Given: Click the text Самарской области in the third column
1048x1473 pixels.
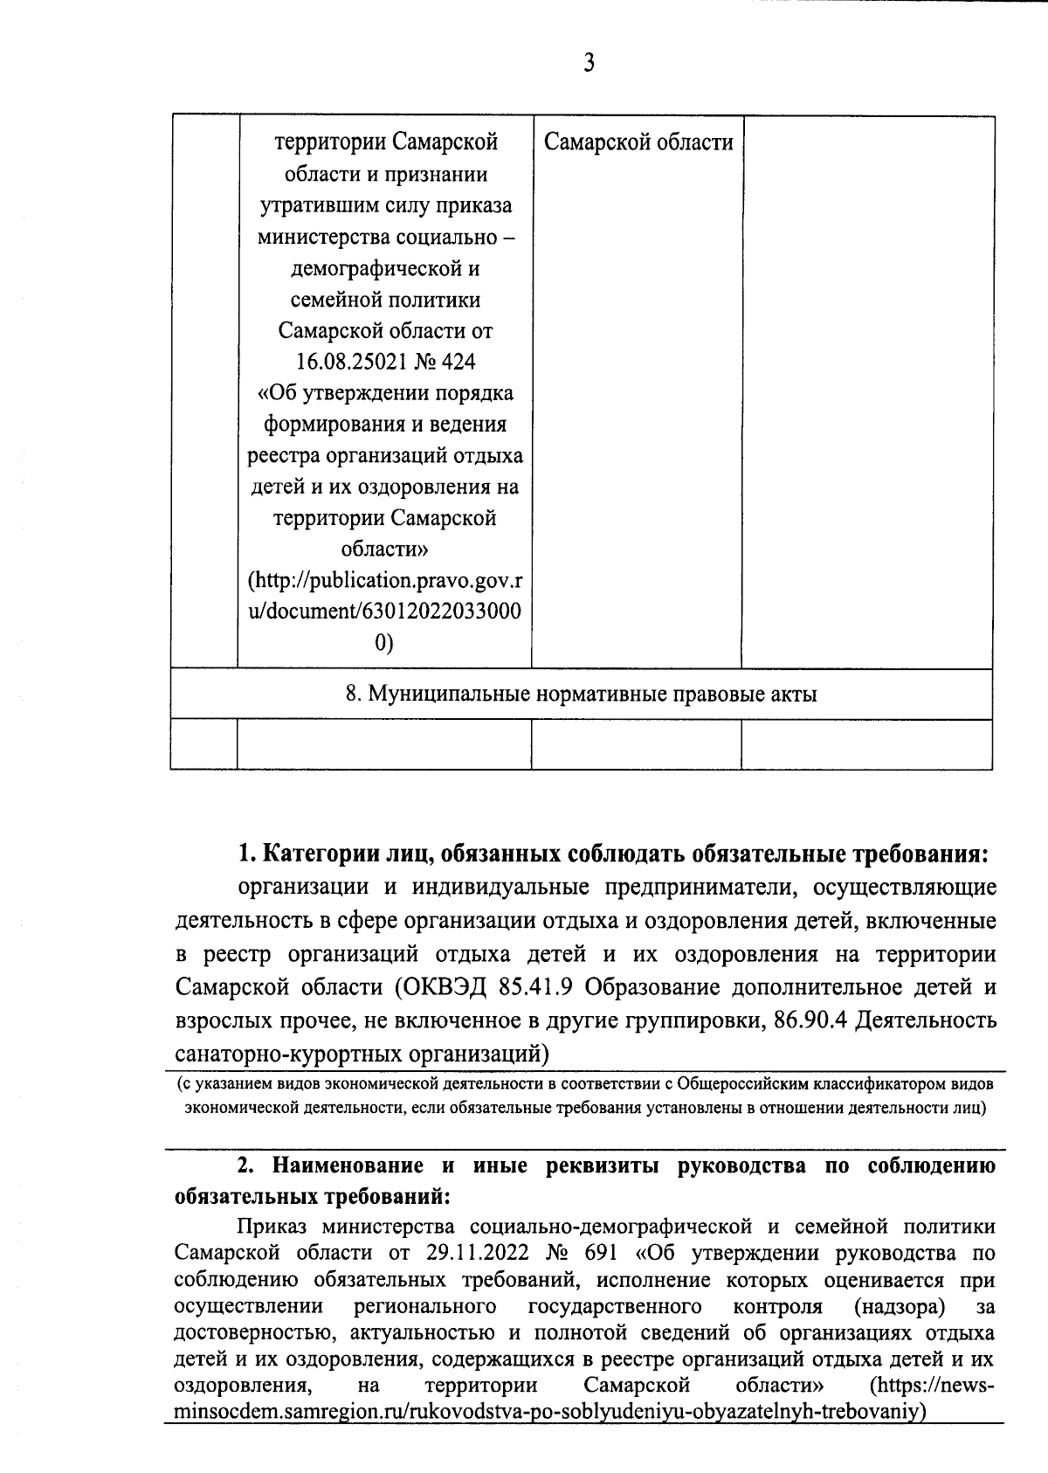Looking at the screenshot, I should click(x=638, y=142).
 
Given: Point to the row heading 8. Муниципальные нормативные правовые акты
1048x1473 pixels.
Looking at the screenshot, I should click(x=581, y=695).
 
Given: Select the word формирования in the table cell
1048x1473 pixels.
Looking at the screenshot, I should click(x=331, y=425).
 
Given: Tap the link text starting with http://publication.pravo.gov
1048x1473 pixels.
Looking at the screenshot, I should click(x=390, y=581).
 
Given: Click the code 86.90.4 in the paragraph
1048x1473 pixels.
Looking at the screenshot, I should click(x=811, y=1020).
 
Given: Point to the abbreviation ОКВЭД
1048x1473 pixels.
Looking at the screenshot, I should click(x=443, y=987).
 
